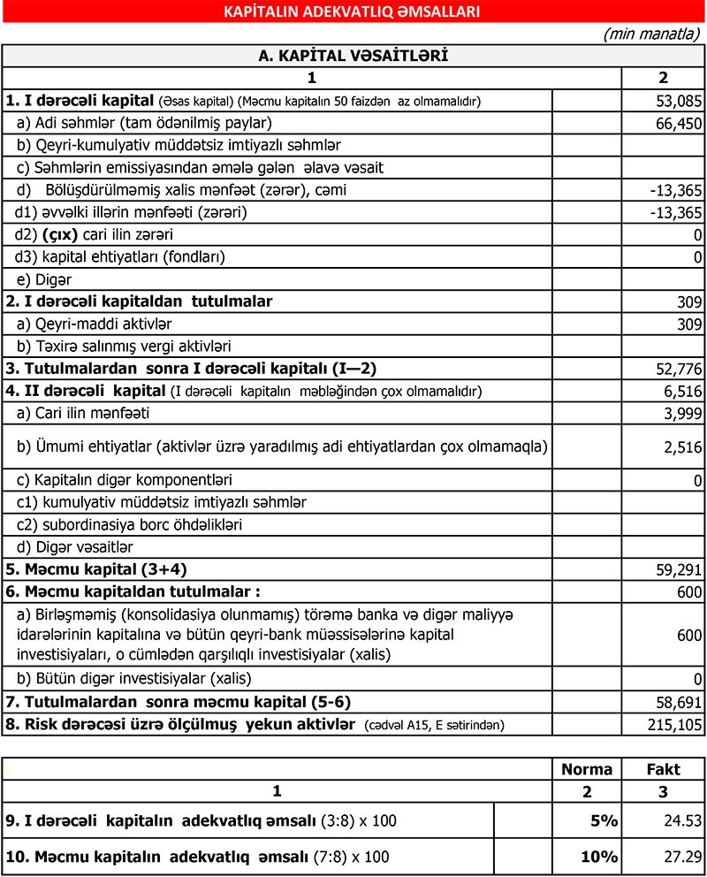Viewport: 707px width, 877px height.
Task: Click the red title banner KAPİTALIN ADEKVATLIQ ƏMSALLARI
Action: pos(353,11)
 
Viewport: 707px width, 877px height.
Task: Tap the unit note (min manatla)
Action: pos(651,34)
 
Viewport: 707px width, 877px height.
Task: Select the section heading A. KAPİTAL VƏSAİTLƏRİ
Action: pos(353,56)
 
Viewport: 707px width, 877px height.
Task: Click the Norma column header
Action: pos(586,769)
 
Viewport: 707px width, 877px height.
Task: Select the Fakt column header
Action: pos(663,769)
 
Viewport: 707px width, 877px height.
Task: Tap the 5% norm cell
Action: pos(604,821)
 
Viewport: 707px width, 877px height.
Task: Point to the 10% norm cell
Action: pos(599,857)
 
